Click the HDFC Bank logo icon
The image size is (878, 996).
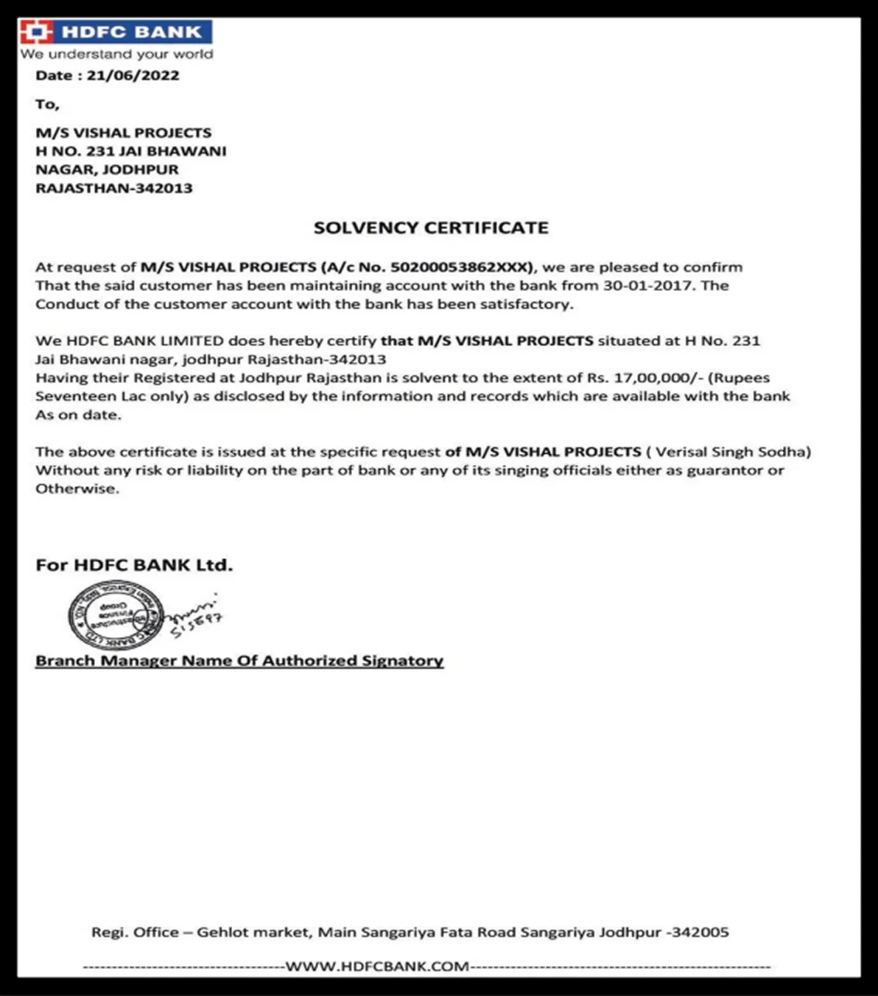(36, 32)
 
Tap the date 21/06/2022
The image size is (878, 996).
(133, 75)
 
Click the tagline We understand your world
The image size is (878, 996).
(116, 55)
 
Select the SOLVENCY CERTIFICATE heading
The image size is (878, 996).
(431, 228)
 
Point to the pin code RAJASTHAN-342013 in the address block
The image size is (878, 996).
(114, 188)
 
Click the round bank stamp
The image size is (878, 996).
(115, 616)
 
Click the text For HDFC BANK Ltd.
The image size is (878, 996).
(134, 565)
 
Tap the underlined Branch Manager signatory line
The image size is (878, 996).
(239, 661)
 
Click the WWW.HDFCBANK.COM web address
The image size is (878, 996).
(377, 967)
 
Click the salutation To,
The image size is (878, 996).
(47, 104)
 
